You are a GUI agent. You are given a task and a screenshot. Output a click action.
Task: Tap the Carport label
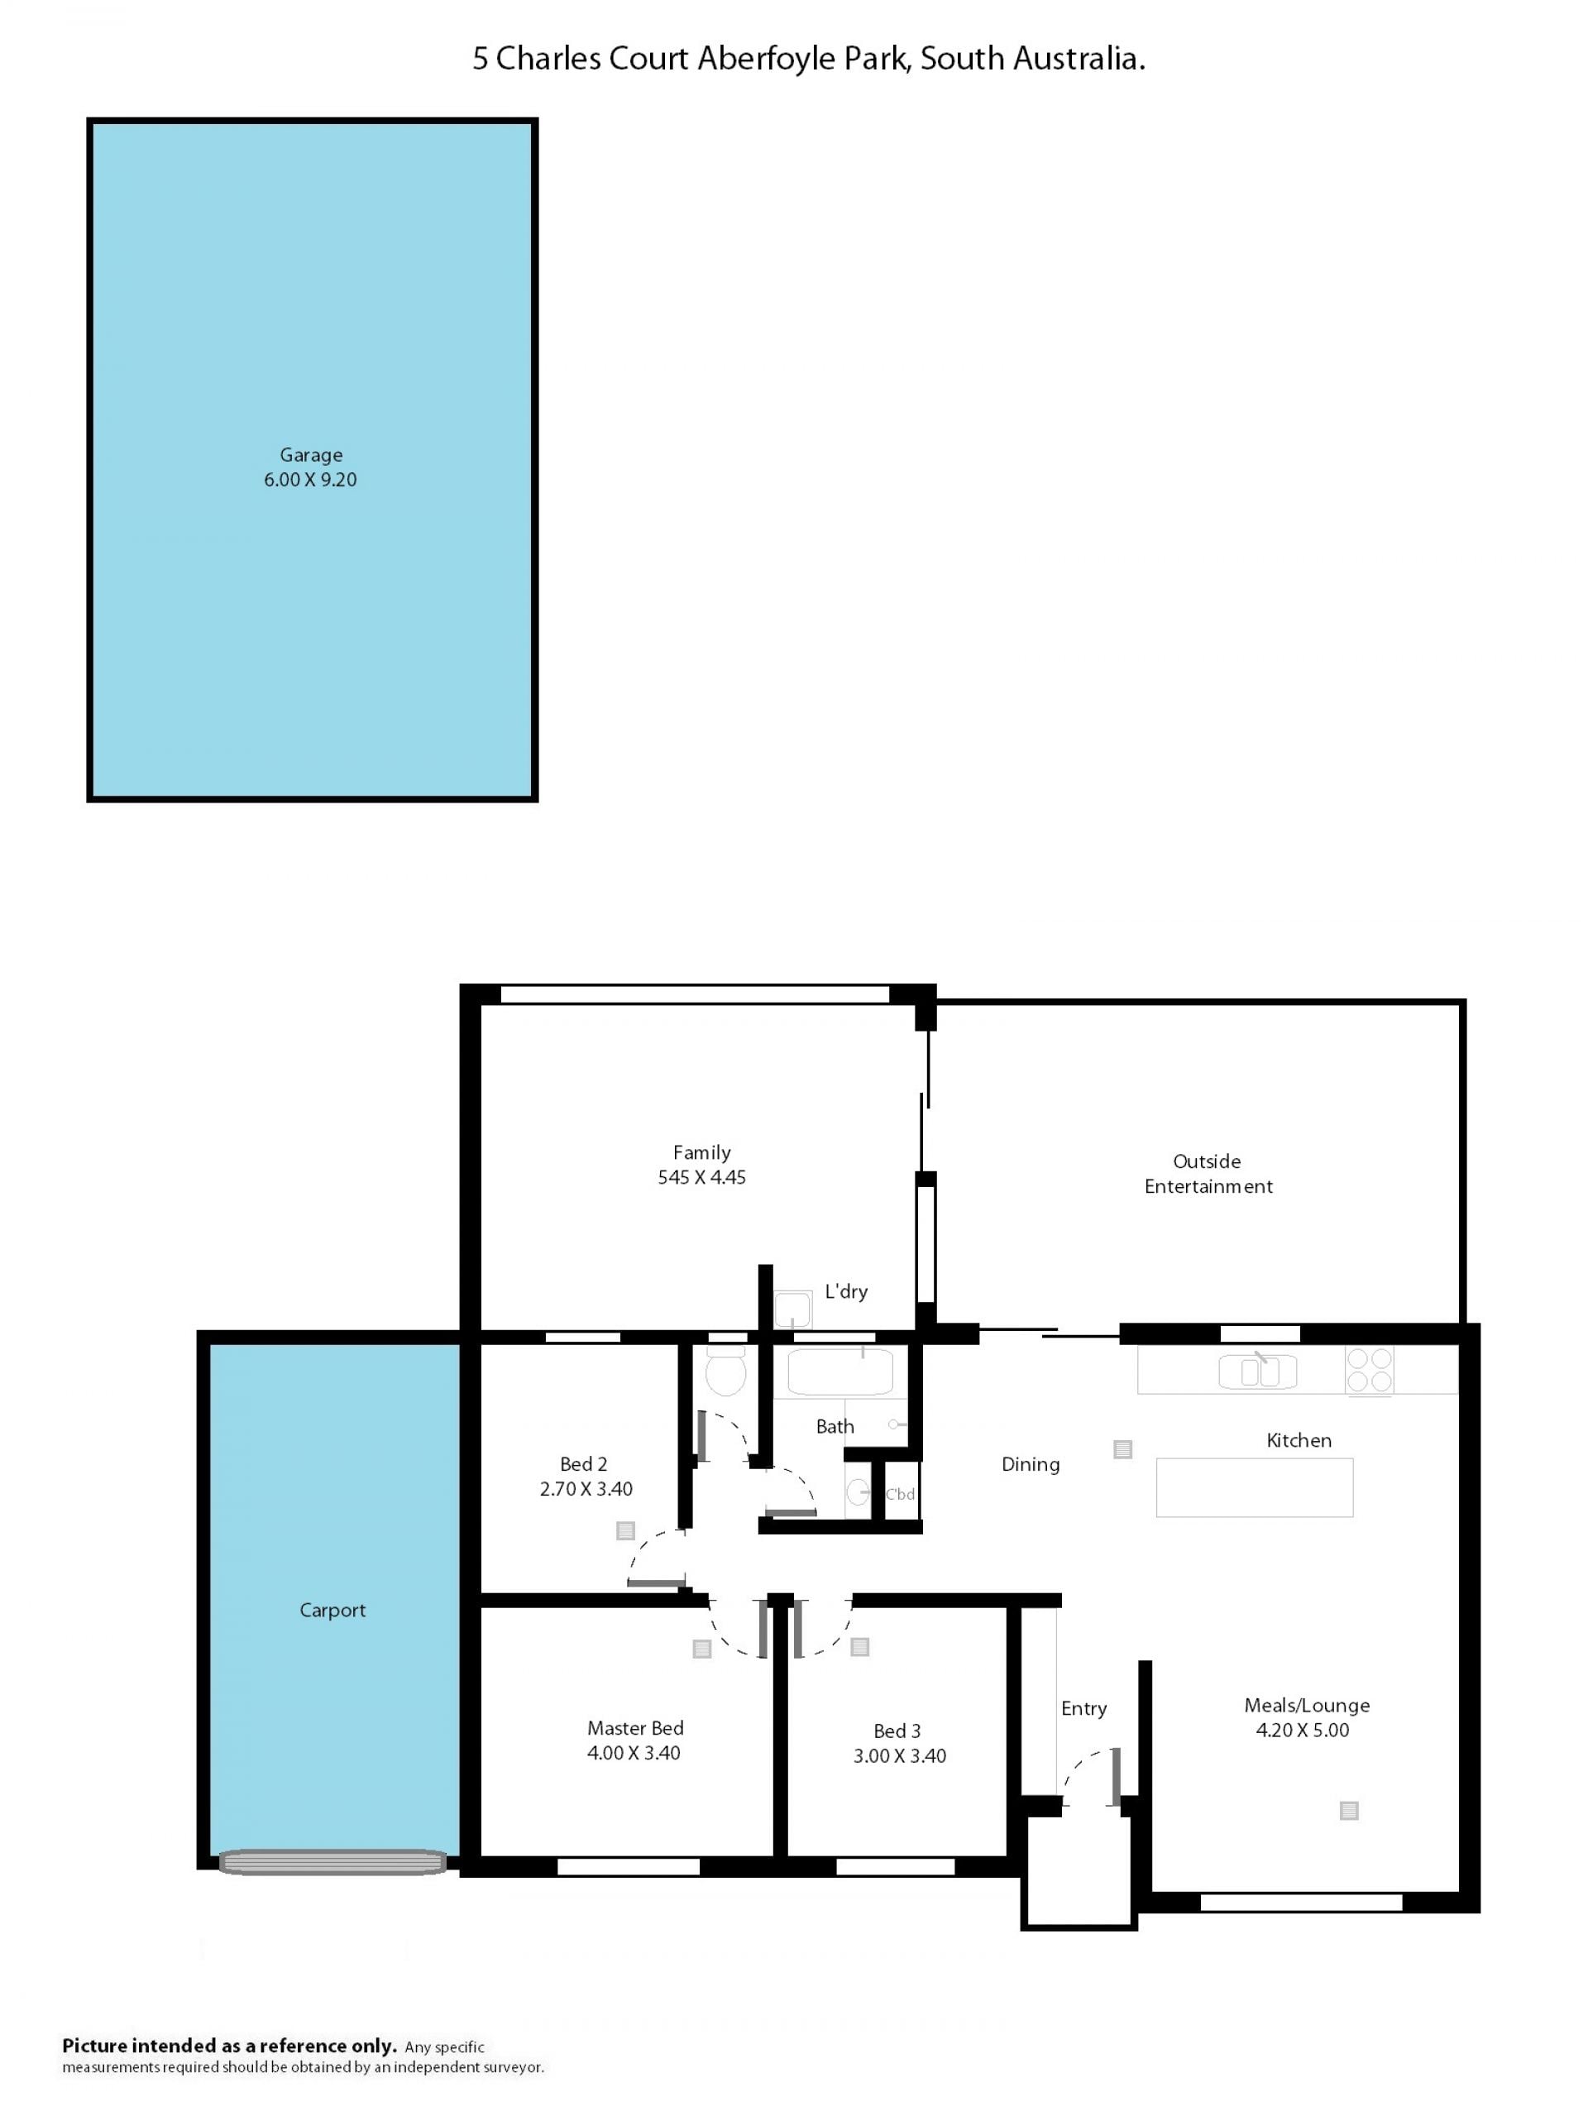332,1610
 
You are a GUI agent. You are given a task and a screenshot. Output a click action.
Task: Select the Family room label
701,1152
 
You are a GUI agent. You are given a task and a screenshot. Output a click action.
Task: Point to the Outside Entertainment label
1208,1174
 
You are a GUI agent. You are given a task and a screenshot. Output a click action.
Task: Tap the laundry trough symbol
792,1309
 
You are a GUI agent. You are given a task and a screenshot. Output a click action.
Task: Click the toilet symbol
725,1371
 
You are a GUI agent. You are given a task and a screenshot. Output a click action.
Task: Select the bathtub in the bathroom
840,1371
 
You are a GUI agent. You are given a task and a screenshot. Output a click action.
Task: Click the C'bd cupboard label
900,1494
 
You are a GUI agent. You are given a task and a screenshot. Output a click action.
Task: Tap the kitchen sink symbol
1257,1371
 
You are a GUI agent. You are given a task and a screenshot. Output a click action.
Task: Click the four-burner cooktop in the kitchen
1369,1370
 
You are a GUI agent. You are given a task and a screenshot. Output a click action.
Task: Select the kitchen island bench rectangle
1254,1487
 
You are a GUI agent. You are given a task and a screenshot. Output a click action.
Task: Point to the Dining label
1031,1464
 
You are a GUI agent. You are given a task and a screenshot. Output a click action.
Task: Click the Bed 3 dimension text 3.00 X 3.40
899,1755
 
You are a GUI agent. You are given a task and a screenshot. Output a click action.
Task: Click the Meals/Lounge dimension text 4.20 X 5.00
1302,1730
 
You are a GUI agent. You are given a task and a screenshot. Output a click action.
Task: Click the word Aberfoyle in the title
801,60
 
